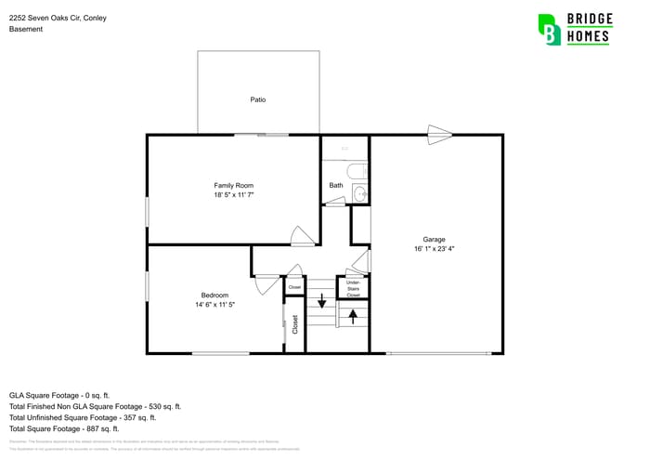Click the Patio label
pos(258,99)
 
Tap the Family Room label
pos(234,186)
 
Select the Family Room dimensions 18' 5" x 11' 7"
pos(234,195)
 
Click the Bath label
pos(336,186)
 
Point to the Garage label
pos(434,240)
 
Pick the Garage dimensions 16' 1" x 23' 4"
pos(434,249)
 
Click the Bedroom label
pos(214,296)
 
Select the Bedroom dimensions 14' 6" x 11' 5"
pos(214,305)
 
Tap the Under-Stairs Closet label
pos(353,287)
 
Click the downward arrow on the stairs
pos(322,301)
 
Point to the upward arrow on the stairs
pos(353,315)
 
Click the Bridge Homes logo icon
pos(550,29)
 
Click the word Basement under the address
pos(26,29)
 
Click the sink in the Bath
pos(361,194)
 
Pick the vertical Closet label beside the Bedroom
pos(295,324)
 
